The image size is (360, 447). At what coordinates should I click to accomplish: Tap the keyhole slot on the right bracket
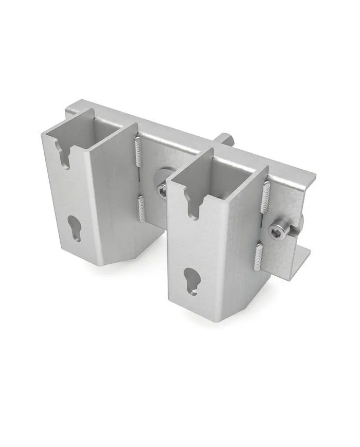192,280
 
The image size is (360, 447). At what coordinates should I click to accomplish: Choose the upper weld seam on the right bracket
266,196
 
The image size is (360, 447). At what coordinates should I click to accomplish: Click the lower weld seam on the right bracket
258,256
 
